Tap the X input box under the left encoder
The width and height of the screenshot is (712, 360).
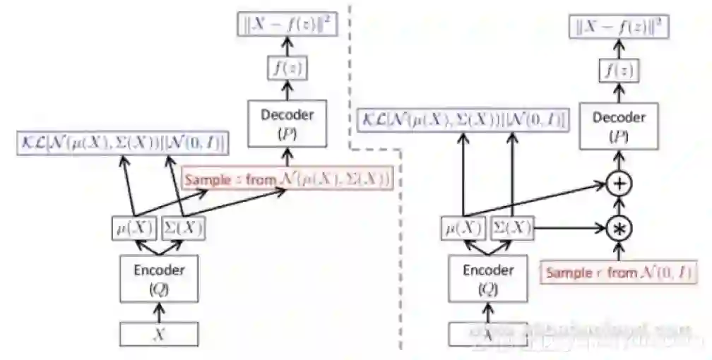click(159, 333)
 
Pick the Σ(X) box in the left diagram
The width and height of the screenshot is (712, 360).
click(183, 228)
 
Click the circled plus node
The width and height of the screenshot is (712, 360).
click(619, 184)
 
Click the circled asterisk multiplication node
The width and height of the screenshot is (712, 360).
click(619, 228)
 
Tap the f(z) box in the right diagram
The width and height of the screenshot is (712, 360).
click(618, 70)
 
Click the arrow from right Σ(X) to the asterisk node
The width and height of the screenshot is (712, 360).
click(569, 228)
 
